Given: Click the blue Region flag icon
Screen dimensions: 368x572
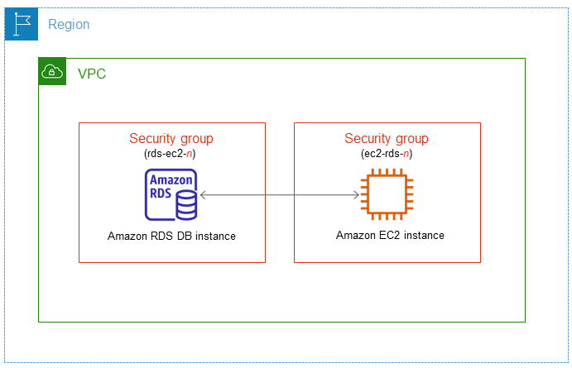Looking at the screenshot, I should [x=22, y=25].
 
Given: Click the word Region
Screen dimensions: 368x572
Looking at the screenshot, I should [x=69, y=25].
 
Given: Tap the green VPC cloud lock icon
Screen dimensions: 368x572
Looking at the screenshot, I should [x=53, y=73].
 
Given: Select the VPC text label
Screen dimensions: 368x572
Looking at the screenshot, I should [x=91, y=74].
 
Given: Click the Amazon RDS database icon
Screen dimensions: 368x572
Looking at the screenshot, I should [x=171, y=195].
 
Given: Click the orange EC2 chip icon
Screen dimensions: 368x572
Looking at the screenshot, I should [x=387, y=195].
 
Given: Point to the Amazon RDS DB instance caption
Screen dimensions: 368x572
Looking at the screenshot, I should [x=171, y=236].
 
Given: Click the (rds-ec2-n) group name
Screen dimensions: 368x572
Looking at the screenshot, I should [x=171, y=154].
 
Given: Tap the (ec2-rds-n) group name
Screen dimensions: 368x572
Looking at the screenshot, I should [x=387, y=154].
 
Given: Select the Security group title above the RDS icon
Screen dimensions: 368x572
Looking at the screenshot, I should [x=171, y=139].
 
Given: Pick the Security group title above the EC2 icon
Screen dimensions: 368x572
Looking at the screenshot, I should [x=387, y=139].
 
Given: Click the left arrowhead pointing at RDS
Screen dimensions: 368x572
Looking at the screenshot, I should [x=204, y=195].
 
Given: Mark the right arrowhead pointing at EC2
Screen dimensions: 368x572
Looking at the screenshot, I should [x=356, y=195].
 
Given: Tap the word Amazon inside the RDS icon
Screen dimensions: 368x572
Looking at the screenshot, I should [x=170, y=181].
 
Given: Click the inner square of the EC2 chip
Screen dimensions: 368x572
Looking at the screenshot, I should [x=387, y=195].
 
